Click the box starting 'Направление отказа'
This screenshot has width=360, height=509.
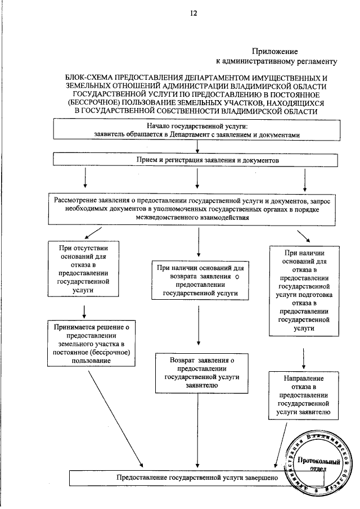pos(303,395)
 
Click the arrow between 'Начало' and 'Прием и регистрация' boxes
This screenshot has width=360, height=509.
pos(197,146)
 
